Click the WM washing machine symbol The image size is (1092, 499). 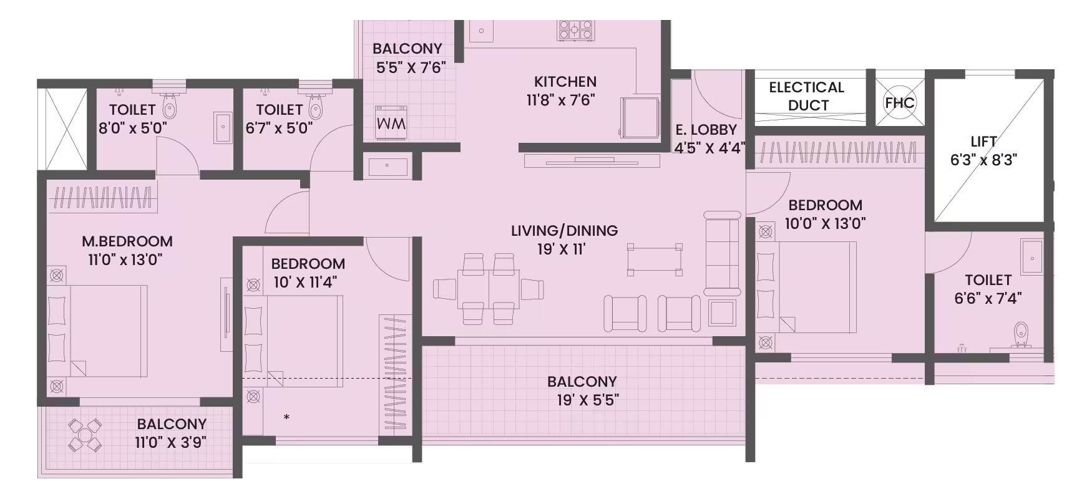click(391, 123)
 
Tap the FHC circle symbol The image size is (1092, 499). click(899, 102)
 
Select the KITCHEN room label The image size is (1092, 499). click(565, 82)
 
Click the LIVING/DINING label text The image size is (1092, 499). click(564, 231)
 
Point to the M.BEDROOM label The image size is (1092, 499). click(127, 241)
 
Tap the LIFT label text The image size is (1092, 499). click(983, 142)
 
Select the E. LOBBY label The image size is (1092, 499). click(706, 130)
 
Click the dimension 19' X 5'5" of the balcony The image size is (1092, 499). click(588, 400)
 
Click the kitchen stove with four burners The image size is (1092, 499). click(575, 29)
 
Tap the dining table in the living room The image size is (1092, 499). click(488, 288)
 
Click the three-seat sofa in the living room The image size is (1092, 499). click(722, 254)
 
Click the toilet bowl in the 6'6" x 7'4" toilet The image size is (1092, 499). click(1021, 335)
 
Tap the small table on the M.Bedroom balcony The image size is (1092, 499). click(84, 435)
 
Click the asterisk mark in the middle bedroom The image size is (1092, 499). click(286, 417)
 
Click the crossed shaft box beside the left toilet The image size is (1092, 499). click(63, 129)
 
